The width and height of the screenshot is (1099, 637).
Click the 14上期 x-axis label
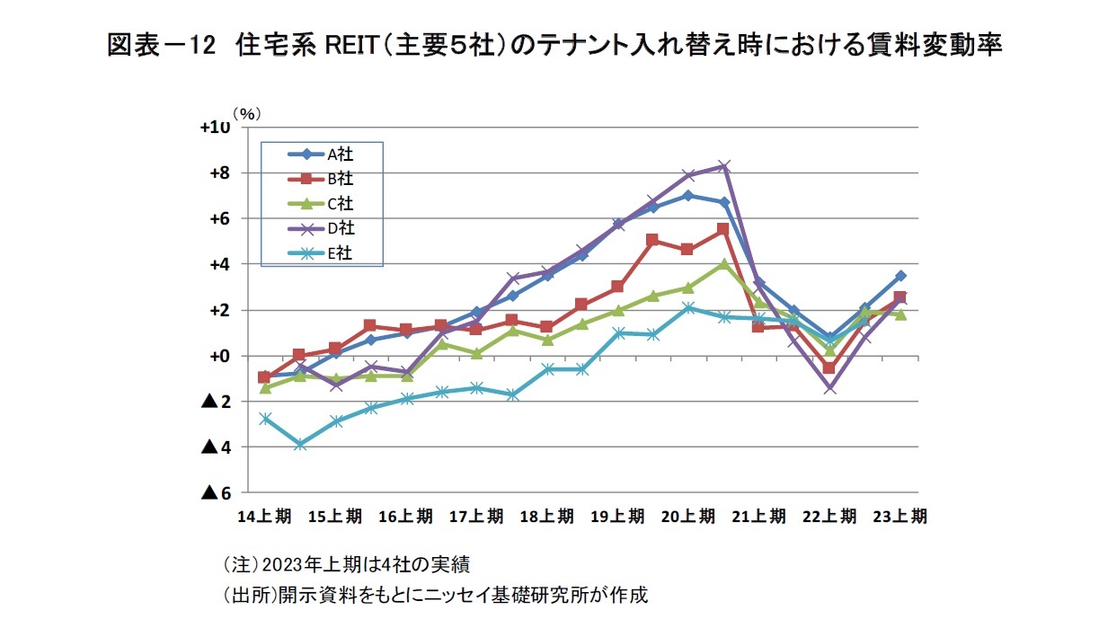[x=264, y=517]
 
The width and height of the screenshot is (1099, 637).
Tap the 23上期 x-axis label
[x=900, y=517]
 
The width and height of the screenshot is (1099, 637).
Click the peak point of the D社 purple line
[x=724, y=166]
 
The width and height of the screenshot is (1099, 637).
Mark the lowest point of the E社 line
[x=300, y=445]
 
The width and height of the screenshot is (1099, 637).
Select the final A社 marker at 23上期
[x=900, y=276]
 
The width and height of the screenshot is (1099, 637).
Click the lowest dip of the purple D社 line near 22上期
[x=830, y=389]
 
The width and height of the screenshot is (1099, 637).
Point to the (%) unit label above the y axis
[x=246, y=115]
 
